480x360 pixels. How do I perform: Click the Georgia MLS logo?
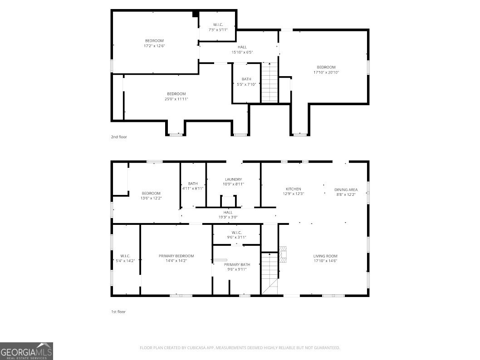pyautogui.click(x=26, y=351)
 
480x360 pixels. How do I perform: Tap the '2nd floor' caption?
pyautogui.click(x=119, y=137)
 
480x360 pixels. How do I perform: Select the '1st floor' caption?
pyautogui.click(x=118, y=312)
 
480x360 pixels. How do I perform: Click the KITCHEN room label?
pyautogui.click(x=293, y=189)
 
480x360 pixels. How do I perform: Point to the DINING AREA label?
pyautogui.click(x=346, y=190)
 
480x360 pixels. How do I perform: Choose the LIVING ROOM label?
pyautogui.click(x=325, y=256)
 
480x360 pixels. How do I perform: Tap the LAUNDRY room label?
pyautogui.click(x=233, y=179)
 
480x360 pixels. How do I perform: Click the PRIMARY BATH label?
pyautogui.click(x=237, y=265)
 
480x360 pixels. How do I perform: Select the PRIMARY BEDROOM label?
pyautogui.click(x=176, y=256)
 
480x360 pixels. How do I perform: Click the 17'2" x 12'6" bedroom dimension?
pyautogui.click(x=154, y=46)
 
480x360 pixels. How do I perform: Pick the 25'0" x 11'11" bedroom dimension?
pyautogui.click(x=176, y=99)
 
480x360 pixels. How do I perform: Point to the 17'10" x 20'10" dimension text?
pyautogui.click(x=326, y=73)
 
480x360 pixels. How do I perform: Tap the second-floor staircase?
pyautogui.click(x=269, y=83)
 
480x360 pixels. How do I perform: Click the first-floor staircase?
pyautogui.click(x=269, y=273)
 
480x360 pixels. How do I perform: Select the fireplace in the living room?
pyautogui.click(x=283, y=254)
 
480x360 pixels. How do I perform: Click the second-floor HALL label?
pyautogui.click(x=242, y=47)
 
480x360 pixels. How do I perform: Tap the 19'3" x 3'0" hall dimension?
pyautogui.click(x=228, y=218)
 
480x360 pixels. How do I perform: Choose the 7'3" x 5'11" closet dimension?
pyautogui.click(x=218, y=30)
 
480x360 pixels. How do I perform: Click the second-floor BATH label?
pyautogui.click(x=246, y=79)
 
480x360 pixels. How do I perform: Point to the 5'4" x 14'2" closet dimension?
pyautogui.click(x=125, y=261)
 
